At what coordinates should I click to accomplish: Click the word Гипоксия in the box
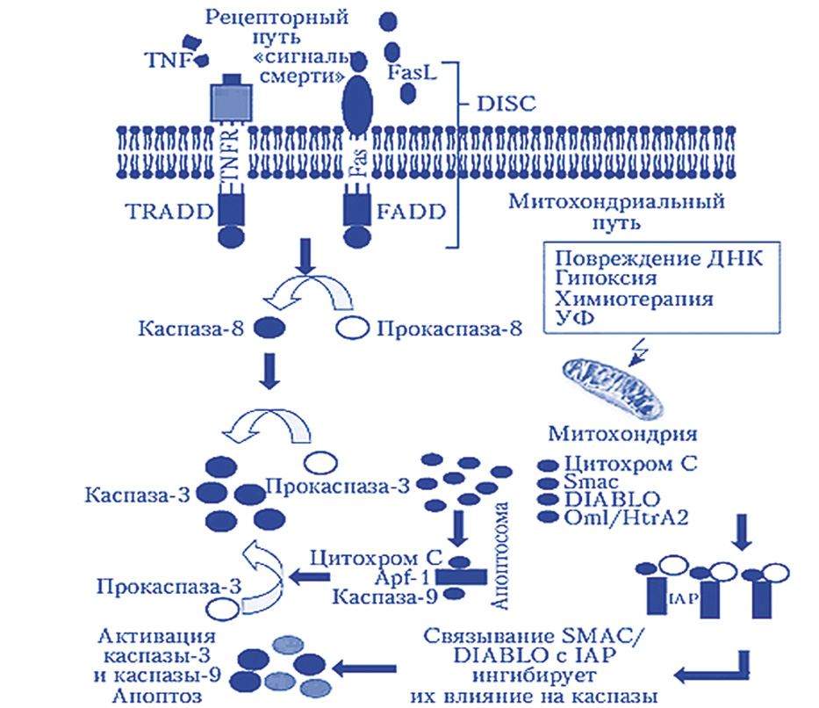[607, 278]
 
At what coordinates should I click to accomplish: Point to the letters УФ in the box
[571, 319]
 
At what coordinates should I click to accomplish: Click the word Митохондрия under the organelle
[622, 434]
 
